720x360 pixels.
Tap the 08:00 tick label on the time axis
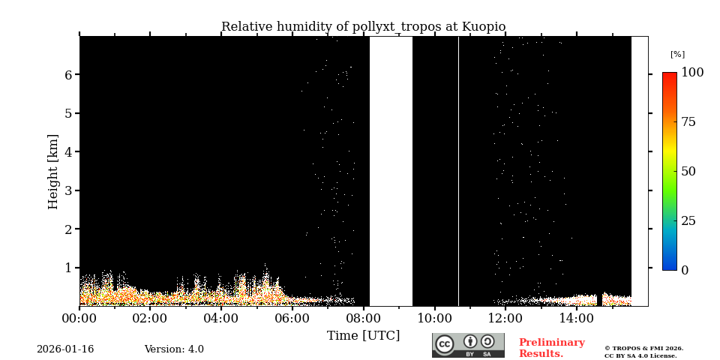(364, 319)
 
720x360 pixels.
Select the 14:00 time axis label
(577, 319)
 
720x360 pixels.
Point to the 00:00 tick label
(79, 319)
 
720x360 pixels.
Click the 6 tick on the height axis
(67, 75)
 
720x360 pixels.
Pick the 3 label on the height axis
(67, 190)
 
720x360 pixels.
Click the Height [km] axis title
(53, 171)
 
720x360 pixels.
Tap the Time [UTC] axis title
(363, 335)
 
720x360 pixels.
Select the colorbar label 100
(692, 73)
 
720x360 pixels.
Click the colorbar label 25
(688, 220)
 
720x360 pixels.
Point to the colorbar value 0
(685, 270)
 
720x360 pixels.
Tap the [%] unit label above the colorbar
(677, 54)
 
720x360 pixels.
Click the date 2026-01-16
(65, 349)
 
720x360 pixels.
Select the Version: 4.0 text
(174, 349)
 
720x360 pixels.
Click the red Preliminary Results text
(551, 348)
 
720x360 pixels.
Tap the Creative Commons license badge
(468, 345)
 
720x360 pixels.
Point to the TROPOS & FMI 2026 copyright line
(643, 348)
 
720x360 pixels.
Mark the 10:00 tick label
(435, 319)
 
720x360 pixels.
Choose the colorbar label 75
(688, 122)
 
